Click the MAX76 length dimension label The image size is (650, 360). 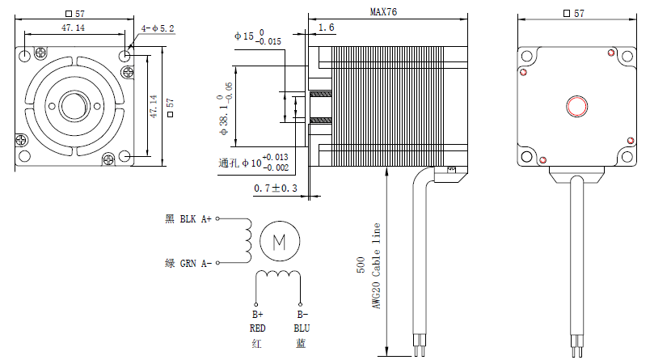tap(383, 11)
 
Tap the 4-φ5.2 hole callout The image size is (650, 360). tap(158, 28)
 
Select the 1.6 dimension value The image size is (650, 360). tap(327, 28)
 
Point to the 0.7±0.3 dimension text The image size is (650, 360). tap(276, 188)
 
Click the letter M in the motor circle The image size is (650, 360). tap(280, 241)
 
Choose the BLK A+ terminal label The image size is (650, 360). tap(196, 218)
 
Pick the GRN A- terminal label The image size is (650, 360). tap(196, 264)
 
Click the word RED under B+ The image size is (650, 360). tap(257, 328)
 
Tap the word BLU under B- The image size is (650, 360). tap(302, 328)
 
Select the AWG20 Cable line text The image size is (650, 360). tap(376, 266)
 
